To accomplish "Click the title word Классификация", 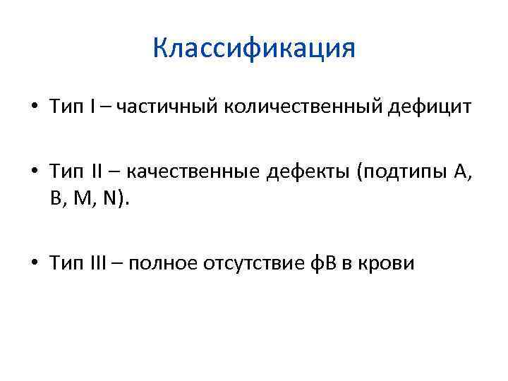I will pyautogui.click(x=254, y=49).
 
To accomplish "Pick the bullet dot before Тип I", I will pyautogui.click(x=34, y=108).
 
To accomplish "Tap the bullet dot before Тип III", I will pyautogui.click(x=34, y=264).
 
